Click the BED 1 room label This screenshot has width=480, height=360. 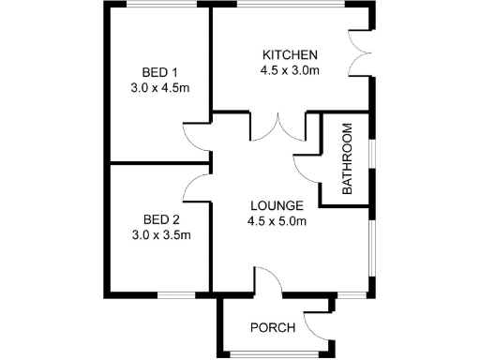(x=159, y=72)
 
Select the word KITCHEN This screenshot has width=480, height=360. (x=290, y=53)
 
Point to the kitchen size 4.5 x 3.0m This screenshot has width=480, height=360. (x=290, y=69)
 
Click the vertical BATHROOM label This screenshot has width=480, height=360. (x=346, y=158)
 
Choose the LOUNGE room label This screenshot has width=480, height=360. (x=277, y=205)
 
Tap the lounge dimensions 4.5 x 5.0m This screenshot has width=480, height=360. (x=277, y=221)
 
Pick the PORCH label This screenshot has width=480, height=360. (x=273, y=327)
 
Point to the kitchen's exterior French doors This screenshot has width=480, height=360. (x=358, y=52)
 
